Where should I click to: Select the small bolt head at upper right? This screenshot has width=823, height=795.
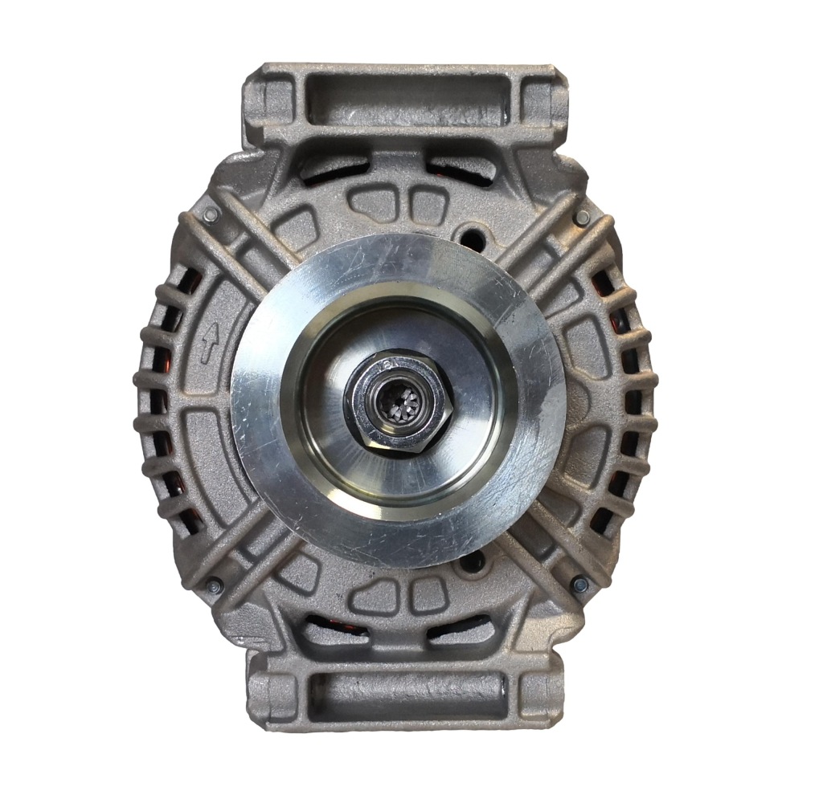[x=582, y=218]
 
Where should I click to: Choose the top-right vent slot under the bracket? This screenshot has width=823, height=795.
[x=462, y=167]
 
